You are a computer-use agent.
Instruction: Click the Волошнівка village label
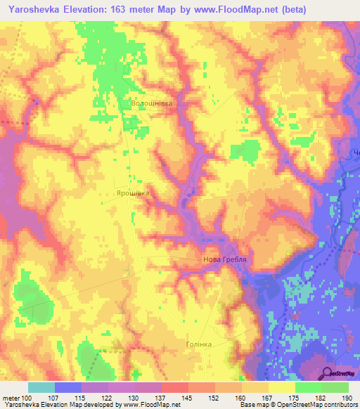point(152,103)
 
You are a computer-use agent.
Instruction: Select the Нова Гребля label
point(227,261)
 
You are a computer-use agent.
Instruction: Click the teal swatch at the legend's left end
point(41,387)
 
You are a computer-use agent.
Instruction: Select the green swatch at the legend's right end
point(335,387)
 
